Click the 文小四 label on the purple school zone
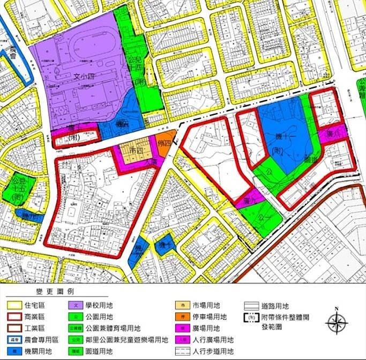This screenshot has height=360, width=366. click(82, 77)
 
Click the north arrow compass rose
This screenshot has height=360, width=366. click(336, 324)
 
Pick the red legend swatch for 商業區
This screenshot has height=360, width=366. click(14, 317)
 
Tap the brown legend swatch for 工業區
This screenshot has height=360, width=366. click(14, 328)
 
